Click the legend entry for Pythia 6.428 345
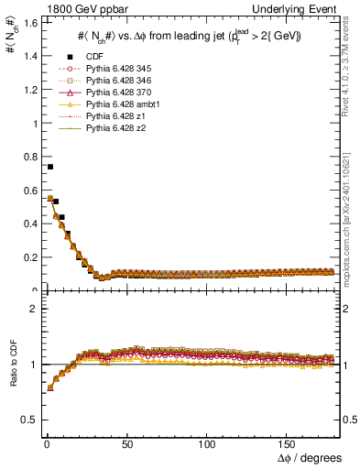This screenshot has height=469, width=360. click(112, 70)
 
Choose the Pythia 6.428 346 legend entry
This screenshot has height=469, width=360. click(112, 82)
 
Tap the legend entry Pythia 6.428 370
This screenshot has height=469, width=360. click(112, 93)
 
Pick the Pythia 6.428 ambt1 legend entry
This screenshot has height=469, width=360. click(115, 105)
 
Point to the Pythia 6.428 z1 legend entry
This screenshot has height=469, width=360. click(109, 117)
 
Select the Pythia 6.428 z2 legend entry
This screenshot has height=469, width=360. click(109, 129)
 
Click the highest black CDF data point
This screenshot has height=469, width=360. click(49, 167)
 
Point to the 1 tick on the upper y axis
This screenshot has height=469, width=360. click(33, 124)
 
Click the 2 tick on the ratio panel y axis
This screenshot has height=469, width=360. click(33, 309)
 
